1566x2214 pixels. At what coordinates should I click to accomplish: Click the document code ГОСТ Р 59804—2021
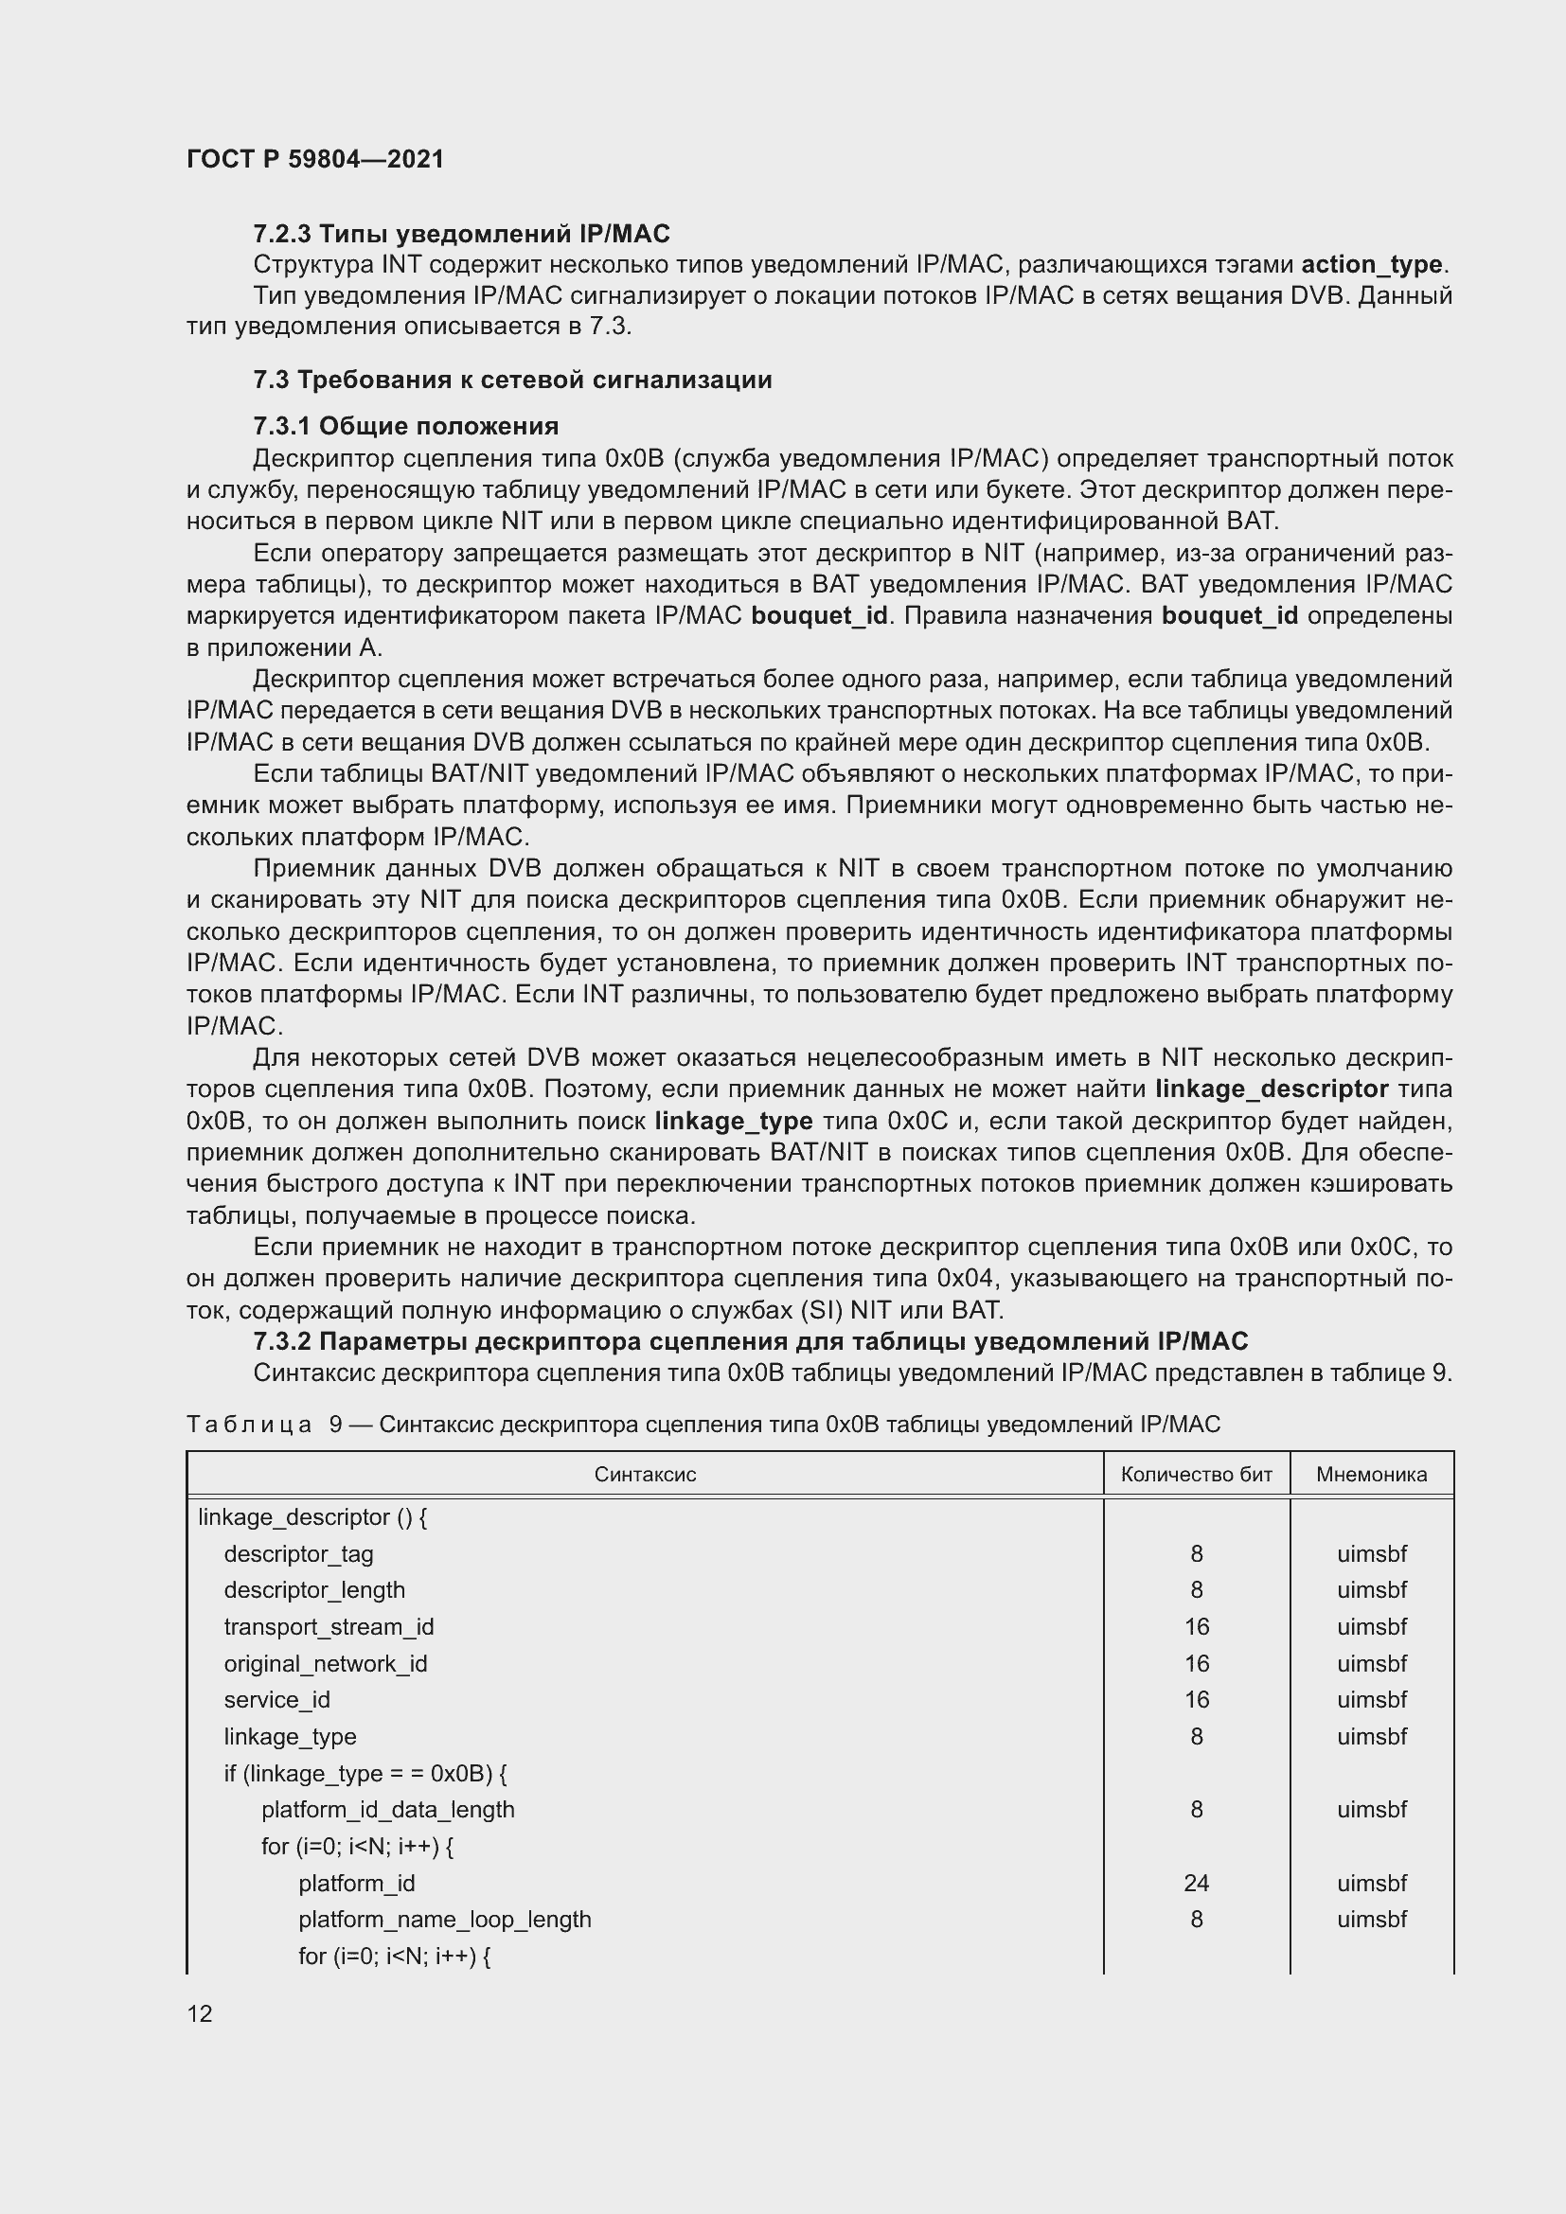315,159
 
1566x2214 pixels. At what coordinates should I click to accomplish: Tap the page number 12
200,2013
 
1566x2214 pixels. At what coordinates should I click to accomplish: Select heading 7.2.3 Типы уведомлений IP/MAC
461,234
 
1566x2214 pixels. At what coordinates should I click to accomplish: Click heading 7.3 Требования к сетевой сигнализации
512,380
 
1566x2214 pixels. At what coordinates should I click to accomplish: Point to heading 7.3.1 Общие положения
405,426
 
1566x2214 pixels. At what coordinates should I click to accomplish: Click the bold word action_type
1371,264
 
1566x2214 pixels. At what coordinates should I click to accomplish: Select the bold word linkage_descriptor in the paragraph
1271,1089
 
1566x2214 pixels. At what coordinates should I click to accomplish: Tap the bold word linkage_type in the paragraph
733,1122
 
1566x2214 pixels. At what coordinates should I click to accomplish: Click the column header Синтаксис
644,1475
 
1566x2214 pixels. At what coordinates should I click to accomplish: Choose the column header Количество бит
1196,1475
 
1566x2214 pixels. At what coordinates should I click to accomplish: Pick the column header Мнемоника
1371,1475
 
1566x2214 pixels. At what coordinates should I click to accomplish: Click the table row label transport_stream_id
329,1627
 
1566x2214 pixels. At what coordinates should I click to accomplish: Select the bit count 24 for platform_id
1196,1884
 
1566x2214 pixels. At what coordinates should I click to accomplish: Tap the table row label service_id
276,1700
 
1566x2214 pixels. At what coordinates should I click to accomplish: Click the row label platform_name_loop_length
445,1920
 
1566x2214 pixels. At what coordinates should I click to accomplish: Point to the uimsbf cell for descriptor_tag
1371,1554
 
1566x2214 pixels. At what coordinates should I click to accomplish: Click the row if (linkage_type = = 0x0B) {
365,1773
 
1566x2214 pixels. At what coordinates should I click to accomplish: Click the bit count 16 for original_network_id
1196,1663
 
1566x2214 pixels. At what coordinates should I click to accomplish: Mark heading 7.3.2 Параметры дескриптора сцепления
749,1341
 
